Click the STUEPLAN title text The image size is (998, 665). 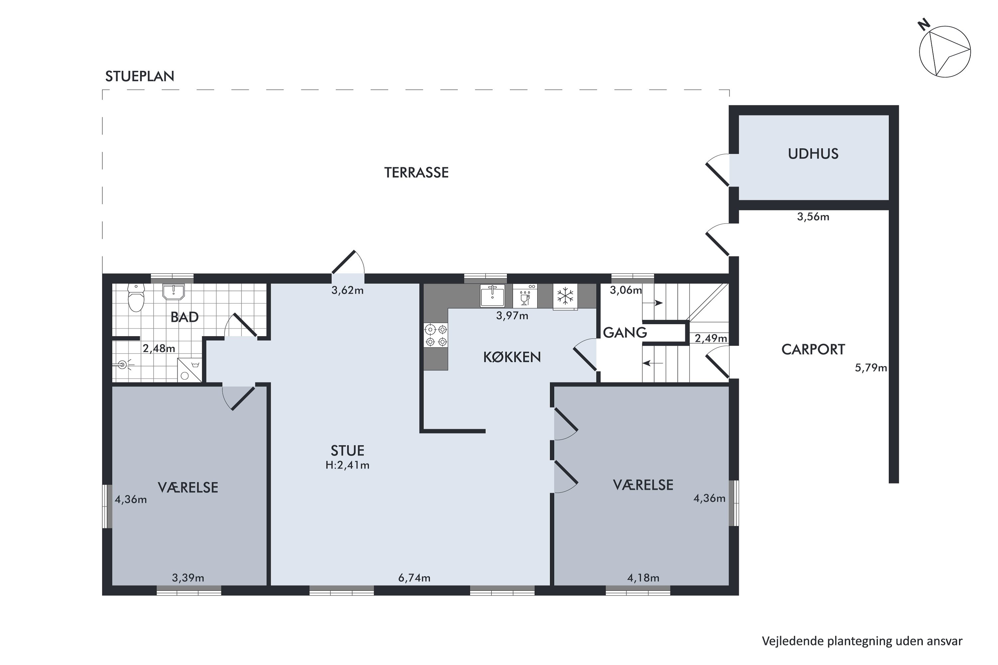tap(140, 76)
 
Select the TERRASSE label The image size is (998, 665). tap(416, 173)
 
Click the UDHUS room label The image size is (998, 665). tap(813, 154)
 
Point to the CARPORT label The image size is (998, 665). tap(813, 349)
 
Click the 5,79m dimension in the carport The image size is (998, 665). tap(871, 368)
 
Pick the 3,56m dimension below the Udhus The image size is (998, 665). tap(813, 217)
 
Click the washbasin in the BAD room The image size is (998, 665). tap(174, 292)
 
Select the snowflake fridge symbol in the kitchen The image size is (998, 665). tap(565, 296)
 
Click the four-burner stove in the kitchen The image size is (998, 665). tap(436, 335)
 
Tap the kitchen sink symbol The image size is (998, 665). tap(492, 296)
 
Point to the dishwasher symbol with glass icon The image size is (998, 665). tap(525, 296)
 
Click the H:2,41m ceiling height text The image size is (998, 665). tap(348, 465)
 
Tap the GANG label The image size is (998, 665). tap(625, 332)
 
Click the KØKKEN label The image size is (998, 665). tap(512, 357)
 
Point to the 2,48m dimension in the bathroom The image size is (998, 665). tap(159, 348)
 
